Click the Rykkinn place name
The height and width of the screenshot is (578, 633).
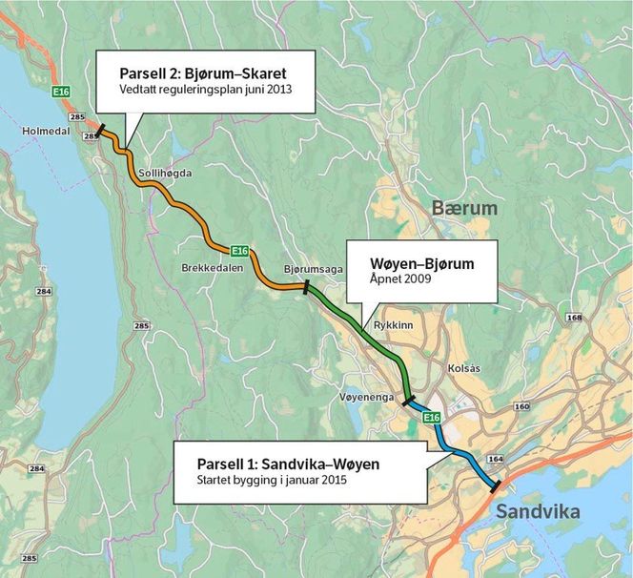coord(393,324)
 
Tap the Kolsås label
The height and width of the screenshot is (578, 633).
coord(468,367)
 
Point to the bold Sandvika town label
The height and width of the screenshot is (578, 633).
coord(537,512)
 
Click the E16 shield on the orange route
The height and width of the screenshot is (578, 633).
coord(239,251)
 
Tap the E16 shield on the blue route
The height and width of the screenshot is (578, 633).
coord(431,417)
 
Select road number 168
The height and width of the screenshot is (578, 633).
coord(574,318)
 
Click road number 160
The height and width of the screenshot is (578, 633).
coord(521,407)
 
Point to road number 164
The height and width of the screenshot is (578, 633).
coord(496,460)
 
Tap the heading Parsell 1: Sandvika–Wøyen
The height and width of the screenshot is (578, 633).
coord(288,464)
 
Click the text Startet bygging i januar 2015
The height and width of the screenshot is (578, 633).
coord(271,481)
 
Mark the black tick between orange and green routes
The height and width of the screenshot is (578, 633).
coord(305,286)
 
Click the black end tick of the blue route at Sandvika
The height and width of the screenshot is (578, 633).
coord(494,487)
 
